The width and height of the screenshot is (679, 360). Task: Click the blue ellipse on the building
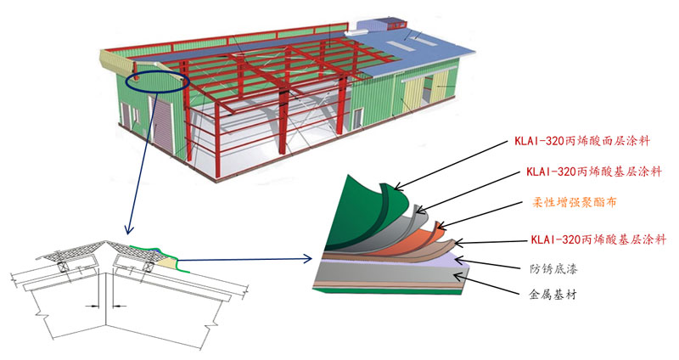158,82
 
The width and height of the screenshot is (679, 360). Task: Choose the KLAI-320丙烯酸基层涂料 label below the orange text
594,238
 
